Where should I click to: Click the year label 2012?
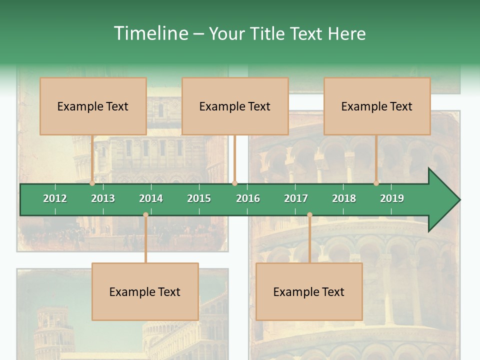55,198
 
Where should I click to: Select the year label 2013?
103,198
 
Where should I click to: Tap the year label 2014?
151,198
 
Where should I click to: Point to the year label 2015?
199,198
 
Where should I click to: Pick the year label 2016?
248,198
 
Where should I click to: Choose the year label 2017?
296,198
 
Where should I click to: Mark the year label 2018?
344,198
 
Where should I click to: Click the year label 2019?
392,198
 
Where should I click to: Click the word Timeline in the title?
150,33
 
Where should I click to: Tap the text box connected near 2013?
93,106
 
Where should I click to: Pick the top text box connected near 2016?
235,106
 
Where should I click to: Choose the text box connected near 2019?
377,106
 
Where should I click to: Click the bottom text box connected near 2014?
145,291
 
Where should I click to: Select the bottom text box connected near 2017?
309,291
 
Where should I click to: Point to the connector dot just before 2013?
92,183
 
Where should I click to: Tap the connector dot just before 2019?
376,183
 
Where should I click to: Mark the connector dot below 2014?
145,214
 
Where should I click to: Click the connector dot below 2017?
309,214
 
